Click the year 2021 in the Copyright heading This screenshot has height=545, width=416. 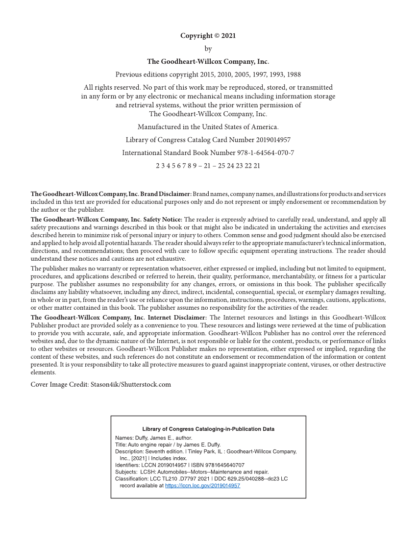[228, 36]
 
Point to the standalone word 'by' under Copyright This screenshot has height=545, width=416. [208, 49]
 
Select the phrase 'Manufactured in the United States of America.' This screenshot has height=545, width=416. [208, 127]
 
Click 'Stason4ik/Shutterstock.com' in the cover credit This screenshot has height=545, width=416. [131, 384]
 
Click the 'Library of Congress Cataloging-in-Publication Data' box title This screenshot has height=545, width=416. [208, 429]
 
